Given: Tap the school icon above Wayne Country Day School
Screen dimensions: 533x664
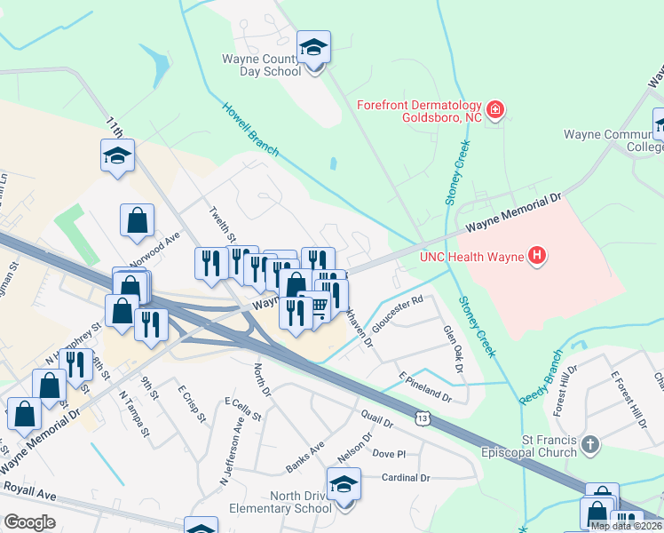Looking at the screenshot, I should coord(313,47).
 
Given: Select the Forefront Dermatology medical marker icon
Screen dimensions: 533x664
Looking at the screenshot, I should coord(495,111).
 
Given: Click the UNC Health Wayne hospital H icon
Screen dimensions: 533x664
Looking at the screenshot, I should coord(535,258).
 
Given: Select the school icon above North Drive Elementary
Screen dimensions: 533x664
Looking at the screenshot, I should coord(344,484).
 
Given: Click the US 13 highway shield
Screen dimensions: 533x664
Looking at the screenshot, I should coord(425,417).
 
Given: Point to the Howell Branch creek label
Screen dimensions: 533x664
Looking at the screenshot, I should coord(250,131).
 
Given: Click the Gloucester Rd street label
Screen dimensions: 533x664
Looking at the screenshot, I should coord(397,315).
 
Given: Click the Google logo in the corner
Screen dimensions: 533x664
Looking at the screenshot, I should coord(29,521).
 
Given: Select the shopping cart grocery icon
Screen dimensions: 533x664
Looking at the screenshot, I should coord(315,306).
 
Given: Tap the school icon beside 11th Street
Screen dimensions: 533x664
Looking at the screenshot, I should coord(117,155).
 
